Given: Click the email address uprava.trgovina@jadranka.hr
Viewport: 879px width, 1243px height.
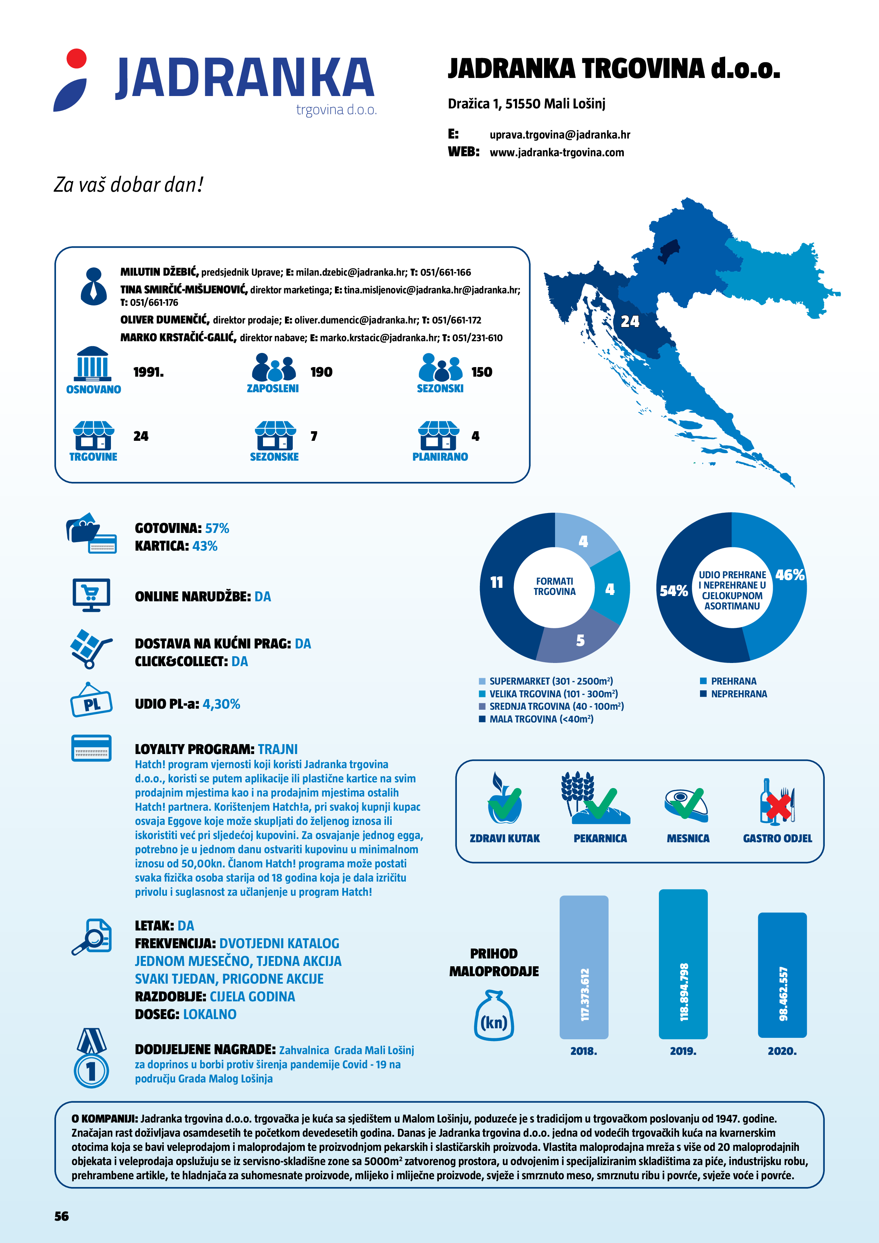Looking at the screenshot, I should [x=559, y=135].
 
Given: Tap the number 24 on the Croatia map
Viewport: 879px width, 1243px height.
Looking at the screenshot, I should [x=630, y=322].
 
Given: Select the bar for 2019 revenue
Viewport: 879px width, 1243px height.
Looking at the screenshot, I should [x=683, y=964].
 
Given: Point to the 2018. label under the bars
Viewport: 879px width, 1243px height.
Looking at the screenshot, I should [x=583, y=1051].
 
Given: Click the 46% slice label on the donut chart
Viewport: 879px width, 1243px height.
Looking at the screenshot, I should [x=790, y=575].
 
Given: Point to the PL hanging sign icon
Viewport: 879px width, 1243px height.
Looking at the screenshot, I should [x=91, y=702].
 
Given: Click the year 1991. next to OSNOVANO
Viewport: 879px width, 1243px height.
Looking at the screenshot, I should [x=149, y=372].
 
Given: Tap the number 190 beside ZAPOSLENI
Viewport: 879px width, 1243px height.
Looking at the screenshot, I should [x=321, y=372].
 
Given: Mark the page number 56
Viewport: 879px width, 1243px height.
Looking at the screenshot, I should [x=62, y=1216].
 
